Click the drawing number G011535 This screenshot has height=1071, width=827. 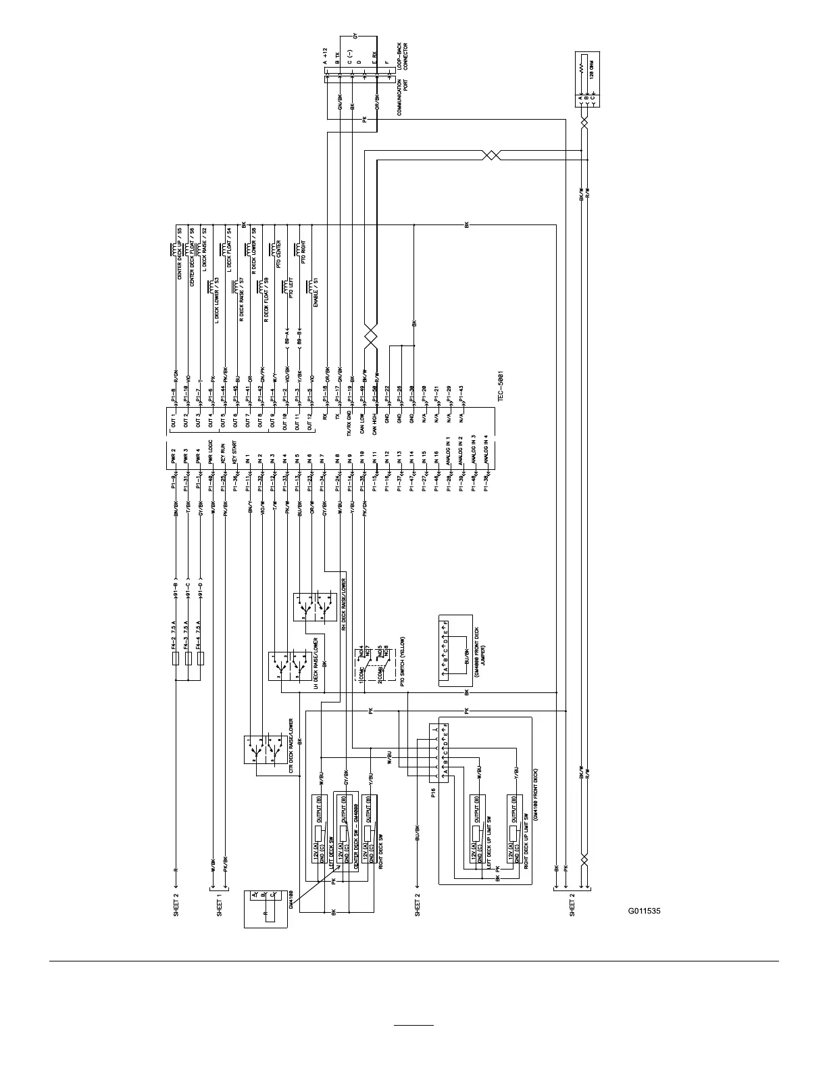[x=644, y=911]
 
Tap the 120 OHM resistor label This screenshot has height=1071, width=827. [x=593, y=68]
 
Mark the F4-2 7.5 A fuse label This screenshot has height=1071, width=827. [x=175, y=636]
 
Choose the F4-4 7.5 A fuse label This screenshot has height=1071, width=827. [x=199, y=636]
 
